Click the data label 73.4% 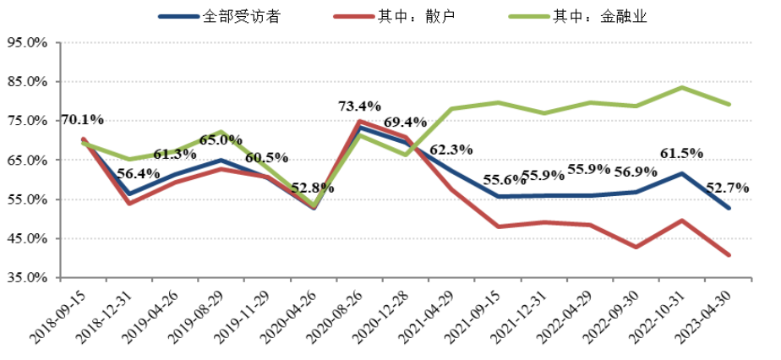tap(359, 106)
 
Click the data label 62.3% tap(451, 150)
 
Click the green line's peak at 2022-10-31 tap(683, 87)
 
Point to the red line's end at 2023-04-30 tap(729, 255)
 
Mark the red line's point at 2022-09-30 tap(636, 247)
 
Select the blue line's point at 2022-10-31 tap(683, 173)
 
